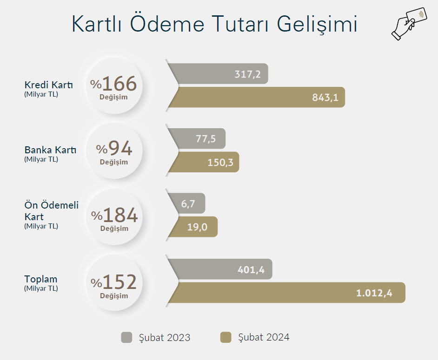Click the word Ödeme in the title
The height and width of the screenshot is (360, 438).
[167, 23]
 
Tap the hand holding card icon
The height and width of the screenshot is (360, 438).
[409, 24]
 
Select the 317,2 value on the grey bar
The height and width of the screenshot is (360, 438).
[247, 74]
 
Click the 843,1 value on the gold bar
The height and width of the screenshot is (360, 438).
[325, 98]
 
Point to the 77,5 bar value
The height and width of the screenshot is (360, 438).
[206, 139]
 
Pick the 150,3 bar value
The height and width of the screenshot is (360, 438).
[220, 162]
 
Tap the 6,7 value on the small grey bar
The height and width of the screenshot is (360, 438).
[188, 204]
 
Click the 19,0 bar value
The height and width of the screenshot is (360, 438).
[197, 227]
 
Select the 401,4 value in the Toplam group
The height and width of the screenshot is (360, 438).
[251, 269]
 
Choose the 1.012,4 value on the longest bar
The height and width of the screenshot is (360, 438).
[374, 293]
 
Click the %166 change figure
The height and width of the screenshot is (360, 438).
[113, 84]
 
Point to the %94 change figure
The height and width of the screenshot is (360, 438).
[114, 148]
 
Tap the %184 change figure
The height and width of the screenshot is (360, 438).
[114, 215]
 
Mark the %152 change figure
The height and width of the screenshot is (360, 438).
[114, 282]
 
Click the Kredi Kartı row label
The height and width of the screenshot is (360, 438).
[49, 85]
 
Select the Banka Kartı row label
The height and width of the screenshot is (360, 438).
[50, 150]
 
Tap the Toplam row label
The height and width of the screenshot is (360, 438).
[41, 279]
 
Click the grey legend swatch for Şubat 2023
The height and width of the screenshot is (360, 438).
[126, 337]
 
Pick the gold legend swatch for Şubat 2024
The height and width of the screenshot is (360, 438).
[226, 337]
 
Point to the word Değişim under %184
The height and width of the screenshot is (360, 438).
[114, 228]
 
